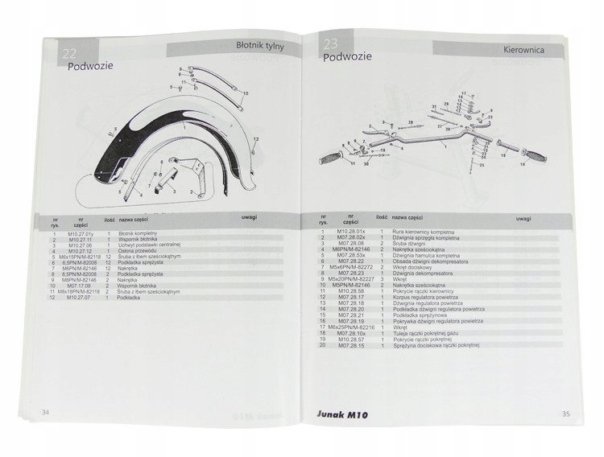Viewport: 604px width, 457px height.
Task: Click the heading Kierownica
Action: pos(528,49)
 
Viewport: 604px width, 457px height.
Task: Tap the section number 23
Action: pos(330,45)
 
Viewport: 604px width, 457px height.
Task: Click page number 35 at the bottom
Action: pos(567,414)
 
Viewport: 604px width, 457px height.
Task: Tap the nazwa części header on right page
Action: pos(403,218)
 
